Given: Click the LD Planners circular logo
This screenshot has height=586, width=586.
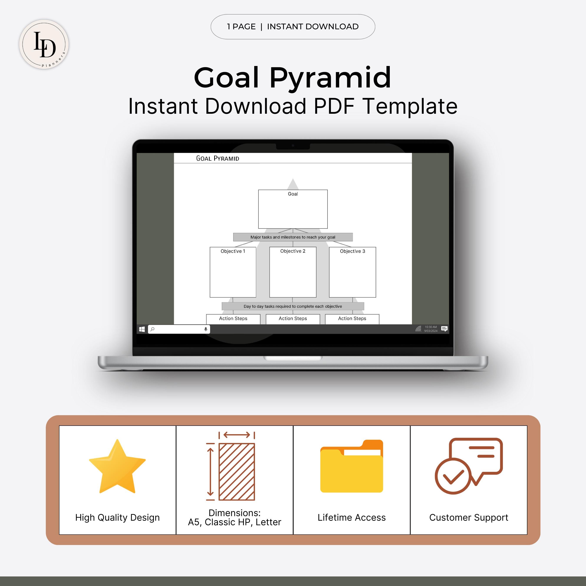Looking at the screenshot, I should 44,44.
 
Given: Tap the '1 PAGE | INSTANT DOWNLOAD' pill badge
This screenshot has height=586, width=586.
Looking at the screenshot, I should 293,27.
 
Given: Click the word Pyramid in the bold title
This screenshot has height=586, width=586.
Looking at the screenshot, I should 330,78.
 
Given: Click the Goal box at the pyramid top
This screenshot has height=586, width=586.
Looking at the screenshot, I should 293,209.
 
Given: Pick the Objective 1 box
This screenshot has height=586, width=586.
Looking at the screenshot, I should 233,272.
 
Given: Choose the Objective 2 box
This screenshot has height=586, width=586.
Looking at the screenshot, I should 293,272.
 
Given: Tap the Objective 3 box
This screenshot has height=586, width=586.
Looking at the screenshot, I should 352,272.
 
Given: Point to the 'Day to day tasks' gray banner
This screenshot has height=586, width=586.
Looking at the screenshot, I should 293,306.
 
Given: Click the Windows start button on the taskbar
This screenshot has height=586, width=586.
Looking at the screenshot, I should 142,329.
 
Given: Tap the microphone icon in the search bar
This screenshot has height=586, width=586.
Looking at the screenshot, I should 206,329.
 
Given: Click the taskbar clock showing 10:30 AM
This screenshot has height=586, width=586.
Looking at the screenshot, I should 431,329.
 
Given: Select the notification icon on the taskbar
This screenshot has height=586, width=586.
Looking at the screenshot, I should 444,329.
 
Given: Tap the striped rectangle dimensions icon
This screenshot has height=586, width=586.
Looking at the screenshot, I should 237,472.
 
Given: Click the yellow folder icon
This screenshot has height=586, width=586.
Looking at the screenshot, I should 352,467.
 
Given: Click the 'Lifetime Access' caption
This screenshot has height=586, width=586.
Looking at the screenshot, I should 352,517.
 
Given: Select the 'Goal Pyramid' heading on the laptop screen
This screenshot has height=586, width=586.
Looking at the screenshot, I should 217,158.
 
